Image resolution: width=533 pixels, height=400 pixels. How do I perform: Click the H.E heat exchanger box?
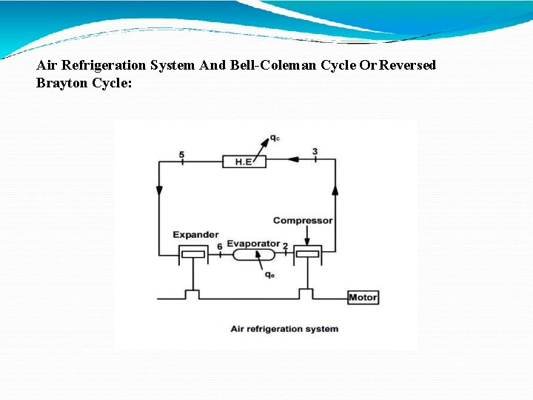pyautogui.click(x=244, y=161)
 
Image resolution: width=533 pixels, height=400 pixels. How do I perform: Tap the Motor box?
pyautogui.click(x=363, y=297)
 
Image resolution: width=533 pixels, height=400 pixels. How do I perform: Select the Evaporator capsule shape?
pyautogui.click(x=254, y=255)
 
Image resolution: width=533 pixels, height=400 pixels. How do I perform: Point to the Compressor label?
pyautogui.click(x=303, y=220)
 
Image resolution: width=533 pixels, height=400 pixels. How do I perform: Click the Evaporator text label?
pyautogui.click(x=253, y=244)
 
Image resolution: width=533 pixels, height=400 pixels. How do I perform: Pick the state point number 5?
pyautogui.click(x=181, y=154)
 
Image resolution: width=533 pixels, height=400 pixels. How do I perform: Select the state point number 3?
pyautogui.click(x=315, y=152)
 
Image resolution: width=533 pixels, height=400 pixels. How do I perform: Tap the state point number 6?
pyautogui.click(x=220, y=247)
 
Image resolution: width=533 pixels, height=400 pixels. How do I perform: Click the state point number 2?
pyautogui.click(x=286, y=246)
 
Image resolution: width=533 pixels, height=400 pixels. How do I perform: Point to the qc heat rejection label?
pyautogui.click(x=275, y=138)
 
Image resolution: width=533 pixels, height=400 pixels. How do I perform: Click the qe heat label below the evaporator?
pyautogui.click(x=270, y=275)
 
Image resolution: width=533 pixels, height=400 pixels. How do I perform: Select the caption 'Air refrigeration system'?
pyautogui.click(x=284, y=329)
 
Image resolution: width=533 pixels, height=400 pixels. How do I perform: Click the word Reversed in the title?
pyautogui.click(x=408, y=65)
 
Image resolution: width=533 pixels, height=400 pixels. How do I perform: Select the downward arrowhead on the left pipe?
pyautogui.click(x=160, y=191)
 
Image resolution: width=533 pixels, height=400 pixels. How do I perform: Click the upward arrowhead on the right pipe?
pyautogui.click(x=335, y=190)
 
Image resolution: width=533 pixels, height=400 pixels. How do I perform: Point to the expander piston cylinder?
pyautogui.click(x=192, y=255)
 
